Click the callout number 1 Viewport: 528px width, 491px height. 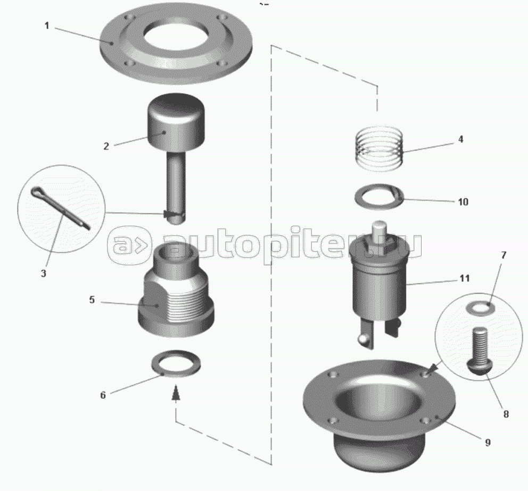click(x=47, y=26)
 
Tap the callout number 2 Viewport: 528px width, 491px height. click(x=106, y=146)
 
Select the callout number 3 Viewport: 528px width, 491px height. click(x=44, y=273)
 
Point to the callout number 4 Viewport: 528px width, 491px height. click(x=460, y=139)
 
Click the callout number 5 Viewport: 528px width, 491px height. click(x=92, y=299)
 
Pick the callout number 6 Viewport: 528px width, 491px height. click(x=103, y=395)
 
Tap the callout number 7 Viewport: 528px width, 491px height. click(x=504, y=255)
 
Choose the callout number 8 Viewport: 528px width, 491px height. click(x=506, y=414)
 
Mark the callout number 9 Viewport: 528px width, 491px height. click(x=488, y=442)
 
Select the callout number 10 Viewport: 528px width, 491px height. click(x=463, y=202)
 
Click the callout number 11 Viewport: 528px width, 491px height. click(x=464, y=278)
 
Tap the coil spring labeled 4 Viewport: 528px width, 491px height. click(x=379, y=148)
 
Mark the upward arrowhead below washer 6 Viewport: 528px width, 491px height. click(x=175, y=393)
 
